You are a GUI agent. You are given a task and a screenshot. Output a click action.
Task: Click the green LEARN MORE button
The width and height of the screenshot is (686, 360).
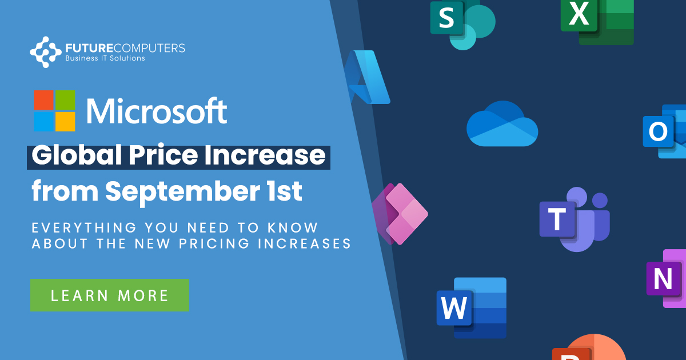[x=110, y=295]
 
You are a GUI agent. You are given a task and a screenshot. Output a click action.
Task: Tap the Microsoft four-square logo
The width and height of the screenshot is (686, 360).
[x=54, y=111]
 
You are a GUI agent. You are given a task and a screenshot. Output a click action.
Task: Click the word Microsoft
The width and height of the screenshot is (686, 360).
[x=157, y=111]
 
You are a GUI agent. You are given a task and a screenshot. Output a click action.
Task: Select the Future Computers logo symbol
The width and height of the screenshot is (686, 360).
[x=46, y=51]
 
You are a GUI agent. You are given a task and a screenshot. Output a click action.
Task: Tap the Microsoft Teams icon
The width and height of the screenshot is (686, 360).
[x=573, y=218]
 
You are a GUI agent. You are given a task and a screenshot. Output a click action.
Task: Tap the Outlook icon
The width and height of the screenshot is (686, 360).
[x=664, y=132]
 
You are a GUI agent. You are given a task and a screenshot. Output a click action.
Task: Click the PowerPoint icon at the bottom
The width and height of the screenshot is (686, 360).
[x=589, y=350]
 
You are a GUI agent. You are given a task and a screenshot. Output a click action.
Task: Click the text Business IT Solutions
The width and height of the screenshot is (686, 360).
[x=105, y=58]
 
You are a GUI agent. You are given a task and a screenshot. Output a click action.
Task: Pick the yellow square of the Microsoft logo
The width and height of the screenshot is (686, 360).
[x=65, y=122]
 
